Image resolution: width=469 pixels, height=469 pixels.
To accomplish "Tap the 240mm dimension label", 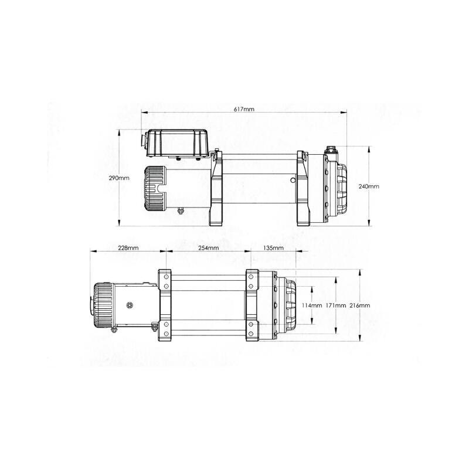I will pyautogui.click(x=369, y=186).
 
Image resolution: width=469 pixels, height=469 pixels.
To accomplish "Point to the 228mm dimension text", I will pyautogui.click(x=128, y=248).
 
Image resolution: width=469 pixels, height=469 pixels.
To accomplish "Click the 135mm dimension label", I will pyautogui.click(x=273, y=248).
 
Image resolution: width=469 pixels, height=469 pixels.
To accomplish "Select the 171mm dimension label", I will pyautogui.click(x=337, y=305).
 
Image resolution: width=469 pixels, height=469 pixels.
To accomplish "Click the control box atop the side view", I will pyautogui.click(x=178, y=142).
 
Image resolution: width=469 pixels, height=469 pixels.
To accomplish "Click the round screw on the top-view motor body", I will pyautogui.click(x=130, y=304).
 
